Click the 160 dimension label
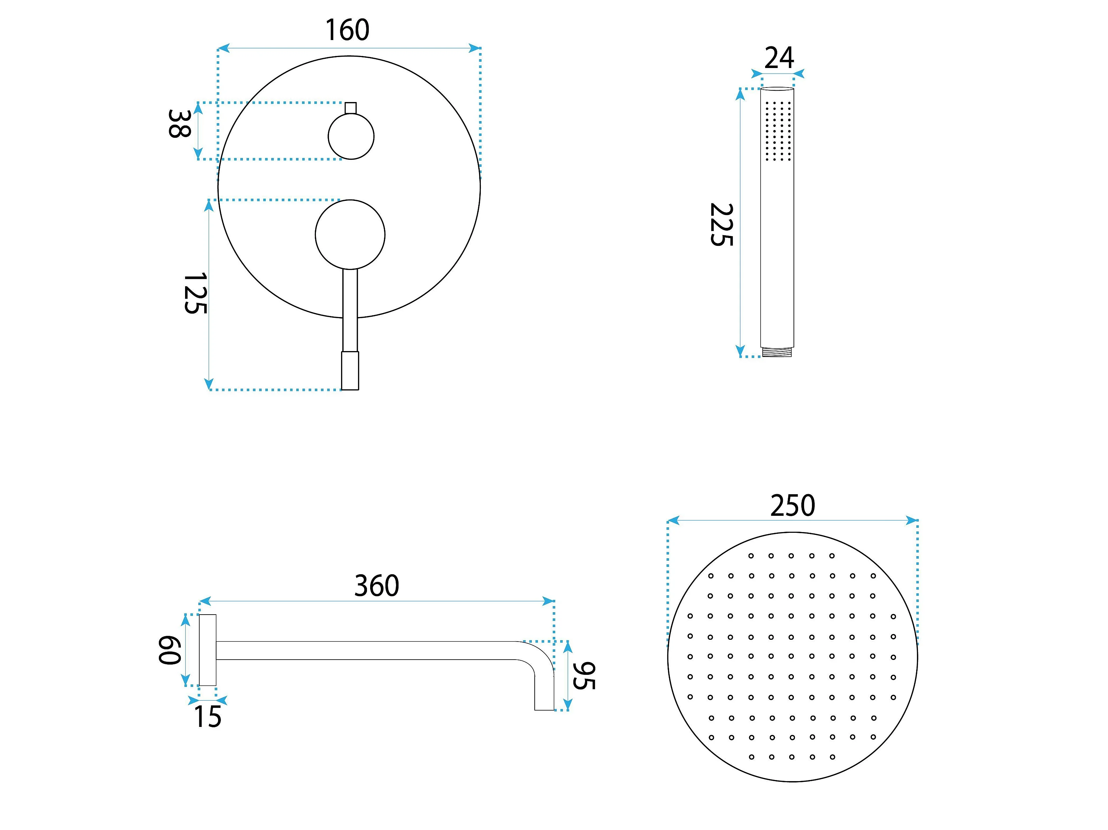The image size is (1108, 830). coord(347,30)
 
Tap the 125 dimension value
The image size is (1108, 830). coord(195,293)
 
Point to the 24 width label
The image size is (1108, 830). coord(779,58)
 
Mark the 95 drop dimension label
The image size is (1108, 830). coord(584,676)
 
